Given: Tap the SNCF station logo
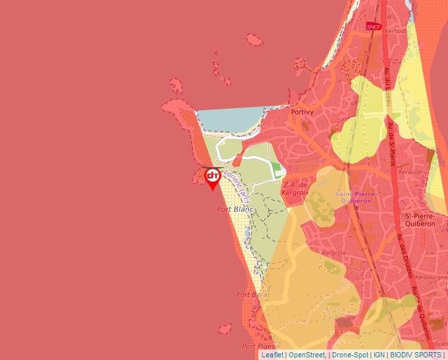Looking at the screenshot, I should click(x=374, y=26).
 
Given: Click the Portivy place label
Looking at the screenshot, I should click(x=302, y=113).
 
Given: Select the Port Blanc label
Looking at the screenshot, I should click(x=235, y=209).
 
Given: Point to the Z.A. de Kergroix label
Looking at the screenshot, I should click(x=294, y=189).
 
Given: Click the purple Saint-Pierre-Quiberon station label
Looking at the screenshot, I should click(x=355, y=197).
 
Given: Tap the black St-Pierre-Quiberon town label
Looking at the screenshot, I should click(x=420, y=220).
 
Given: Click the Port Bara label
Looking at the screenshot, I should click(x=250, y=295).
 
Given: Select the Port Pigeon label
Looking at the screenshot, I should click(x=258, y=346).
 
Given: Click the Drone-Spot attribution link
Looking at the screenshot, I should click(x=350, y=355).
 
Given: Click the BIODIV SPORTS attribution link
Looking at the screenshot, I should click(x=416, y=355).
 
